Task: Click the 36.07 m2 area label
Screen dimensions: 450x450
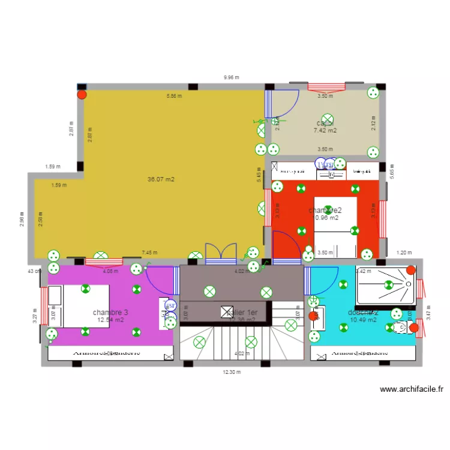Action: [161, 179]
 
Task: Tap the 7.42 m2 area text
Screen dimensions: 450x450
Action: [325, 130]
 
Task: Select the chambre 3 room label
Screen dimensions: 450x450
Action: [110, 313]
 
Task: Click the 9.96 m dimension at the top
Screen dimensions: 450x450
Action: [231, 77]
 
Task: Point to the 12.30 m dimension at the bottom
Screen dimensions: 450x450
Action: [231, 372]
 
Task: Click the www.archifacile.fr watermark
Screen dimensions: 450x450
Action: [412, 389]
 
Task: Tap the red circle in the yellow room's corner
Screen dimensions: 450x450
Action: [82, 94]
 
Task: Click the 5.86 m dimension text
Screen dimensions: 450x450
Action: [174, 96]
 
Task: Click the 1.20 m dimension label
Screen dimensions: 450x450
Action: [405, 253]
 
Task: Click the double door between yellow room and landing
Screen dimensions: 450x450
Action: [221, 254]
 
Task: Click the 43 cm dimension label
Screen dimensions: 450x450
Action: [34, 271]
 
